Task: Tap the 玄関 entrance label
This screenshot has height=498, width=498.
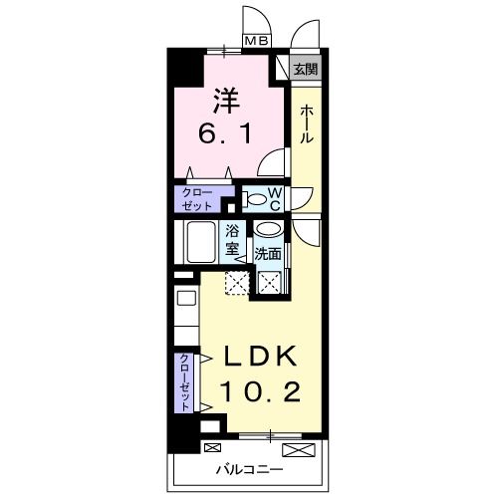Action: pyautogui.click(x=306, y=70)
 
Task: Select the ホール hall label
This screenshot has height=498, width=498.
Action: pyautogui.click(x=307, y=124)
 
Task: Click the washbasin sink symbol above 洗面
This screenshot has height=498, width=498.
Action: pyautogui.click(x=271, y=231)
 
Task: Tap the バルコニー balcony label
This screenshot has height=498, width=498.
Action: pyautogui.click(x=250, y=469)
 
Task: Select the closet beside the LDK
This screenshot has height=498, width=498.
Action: pyautogui.click(x=185, y=383)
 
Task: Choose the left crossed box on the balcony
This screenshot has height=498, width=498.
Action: pyautogui.click(x=212, y=447)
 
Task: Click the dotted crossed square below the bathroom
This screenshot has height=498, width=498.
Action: pyautogui.click(x=237, y=283)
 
